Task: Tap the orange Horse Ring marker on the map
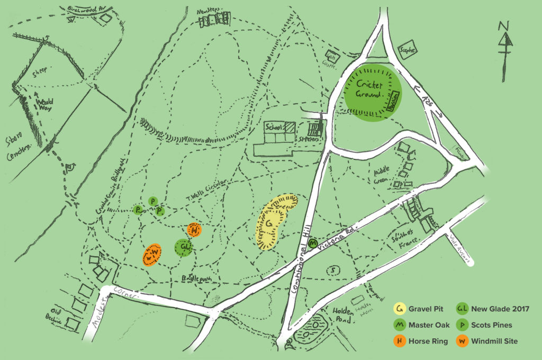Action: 195,230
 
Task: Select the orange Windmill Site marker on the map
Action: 152,255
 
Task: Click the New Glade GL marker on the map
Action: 183,247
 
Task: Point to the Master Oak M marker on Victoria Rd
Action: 313,244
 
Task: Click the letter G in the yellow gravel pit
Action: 268,225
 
